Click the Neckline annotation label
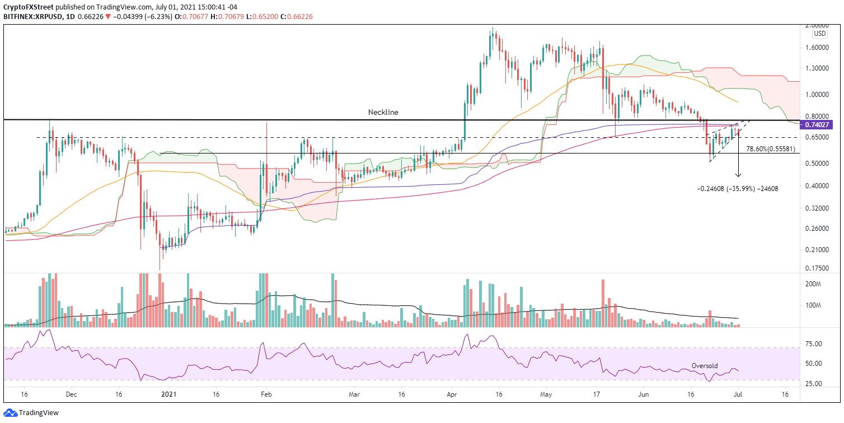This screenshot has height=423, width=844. pos(383,112)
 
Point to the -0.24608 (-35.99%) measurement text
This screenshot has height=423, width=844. pos(737,189)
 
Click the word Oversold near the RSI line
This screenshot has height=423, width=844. pos(705,365)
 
